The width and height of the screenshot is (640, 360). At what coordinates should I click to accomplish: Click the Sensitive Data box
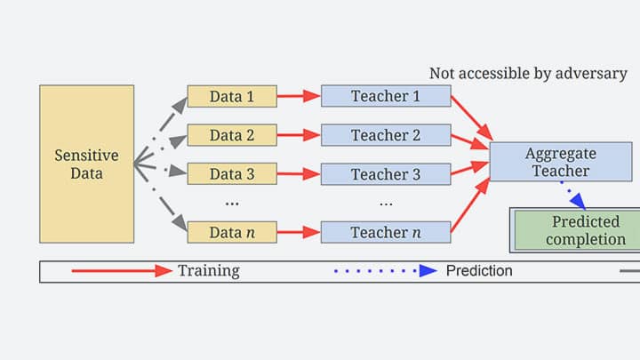pos(86,164)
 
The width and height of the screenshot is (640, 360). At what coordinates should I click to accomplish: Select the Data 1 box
pos(232,96)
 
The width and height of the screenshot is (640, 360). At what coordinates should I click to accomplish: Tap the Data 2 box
pos(232,135)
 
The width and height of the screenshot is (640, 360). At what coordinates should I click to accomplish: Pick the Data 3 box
pos(232,174)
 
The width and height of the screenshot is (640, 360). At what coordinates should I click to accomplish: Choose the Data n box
pos(232,232)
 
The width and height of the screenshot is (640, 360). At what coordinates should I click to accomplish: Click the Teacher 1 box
pos(386,96)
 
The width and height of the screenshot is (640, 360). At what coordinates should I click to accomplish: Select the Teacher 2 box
pos(386,135)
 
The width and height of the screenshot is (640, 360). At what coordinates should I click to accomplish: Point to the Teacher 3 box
pos(386,174)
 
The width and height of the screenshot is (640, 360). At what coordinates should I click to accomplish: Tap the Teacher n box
pos(386,232)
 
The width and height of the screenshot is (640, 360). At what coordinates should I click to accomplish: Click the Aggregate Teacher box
pos(561,162)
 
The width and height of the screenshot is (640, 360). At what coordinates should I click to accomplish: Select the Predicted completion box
pos(577,230)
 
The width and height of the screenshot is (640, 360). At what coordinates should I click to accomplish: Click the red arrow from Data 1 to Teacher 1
pos(299,96)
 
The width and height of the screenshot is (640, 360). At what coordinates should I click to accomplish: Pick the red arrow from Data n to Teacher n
pos(299,232)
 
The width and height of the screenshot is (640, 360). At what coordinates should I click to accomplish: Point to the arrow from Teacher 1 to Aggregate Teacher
pos(472,118)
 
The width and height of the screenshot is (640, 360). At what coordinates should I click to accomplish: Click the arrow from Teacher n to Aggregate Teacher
pos(470,205)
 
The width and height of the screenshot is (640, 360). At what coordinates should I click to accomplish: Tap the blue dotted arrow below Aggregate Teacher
pos(573,196)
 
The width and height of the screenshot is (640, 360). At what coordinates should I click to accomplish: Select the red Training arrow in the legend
pos(122,270)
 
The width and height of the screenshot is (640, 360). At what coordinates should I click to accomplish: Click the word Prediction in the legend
pos(479,270)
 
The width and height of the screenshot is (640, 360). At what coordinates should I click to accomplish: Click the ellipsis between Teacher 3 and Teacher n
pos(386,204)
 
